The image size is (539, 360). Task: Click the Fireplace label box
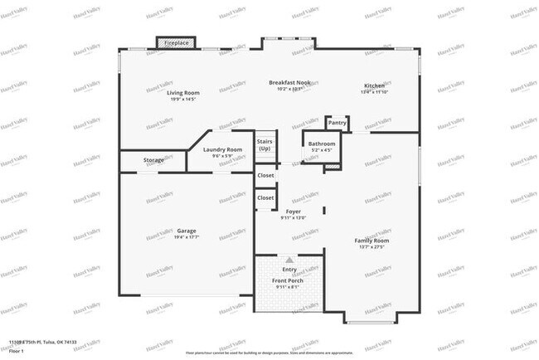(x=176, y=42)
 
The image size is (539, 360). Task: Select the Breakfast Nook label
(x=291, y=82)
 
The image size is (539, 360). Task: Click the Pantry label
(x=337, y=123)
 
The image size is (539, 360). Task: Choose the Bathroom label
(x=321, y=144)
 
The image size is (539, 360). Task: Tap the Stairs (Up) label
(x=265, y=145)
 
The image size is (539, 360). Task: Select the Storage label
(x=153, y=159)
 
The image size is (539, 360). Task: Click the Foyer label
(x=294, y=212)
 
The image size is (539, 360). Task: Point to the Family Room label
(x=372, y=241)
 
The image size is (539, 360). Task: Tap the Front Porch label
(x=288, y=280)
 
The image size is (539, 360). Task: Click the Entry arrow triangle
(x=289, y=260)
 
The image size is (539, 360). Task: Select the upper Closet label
(x=265, y=176)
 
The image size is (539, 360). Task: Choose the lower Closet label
(x=265, y=198)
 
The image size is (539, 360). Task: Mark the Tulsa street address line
(x=49, y=342)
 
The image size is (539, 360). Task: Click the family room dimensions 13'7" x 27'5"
(x=372, y=247)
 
